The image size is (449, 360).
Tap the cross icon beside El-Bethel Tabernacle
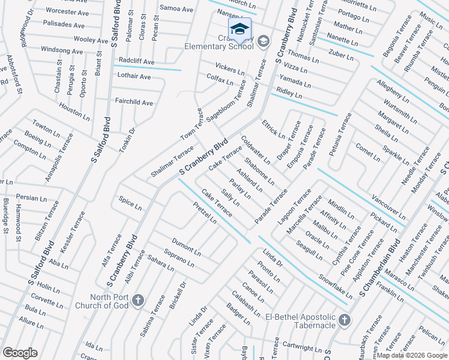point(345,320)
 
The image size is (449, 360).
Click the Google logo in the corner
point(20,353)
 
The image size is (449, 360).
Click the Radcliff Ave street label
point(136,61)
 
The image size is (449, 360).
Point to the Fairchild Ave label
point(134,103)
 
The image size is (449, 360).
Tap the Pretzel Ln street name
point(205,212)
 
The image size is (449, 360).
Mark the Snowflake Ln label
point(336,287)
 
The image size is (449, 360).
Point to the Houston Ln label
point(74,110)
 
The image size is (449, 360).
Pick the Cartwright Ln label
point(303,347)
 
